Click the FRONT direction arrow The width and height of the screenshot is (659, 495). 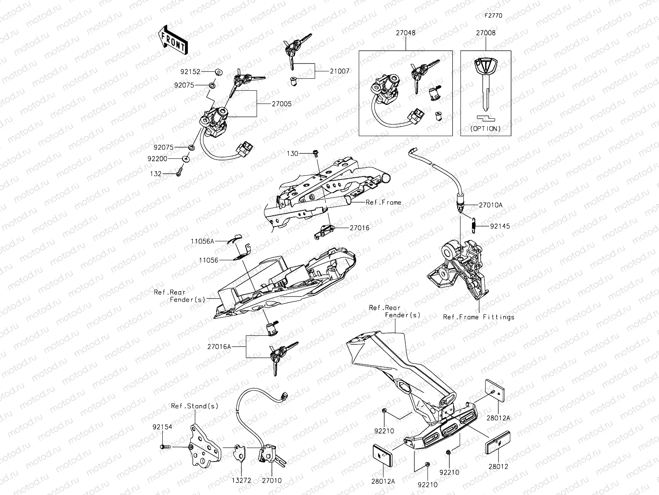point(173,40)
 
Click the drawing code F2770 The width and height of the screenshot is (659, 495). point(493,16)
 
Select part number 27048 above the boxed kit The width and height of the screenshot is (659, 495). point(405,33)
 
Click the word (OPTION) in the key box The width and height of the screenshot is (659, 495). point(486,128)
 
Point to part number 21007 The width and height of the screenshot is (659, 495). point(339,71)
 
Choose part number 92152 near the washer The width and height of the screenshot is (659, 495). point(190,71)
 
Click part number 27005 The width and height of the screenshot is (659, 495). point(281,104)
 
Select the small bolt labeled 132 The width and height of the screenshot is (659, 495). point(179,174)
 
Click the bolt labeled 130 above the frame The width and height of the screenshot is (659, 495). point(315,153)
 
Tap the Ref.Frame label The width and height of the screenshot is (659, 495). point(383,203)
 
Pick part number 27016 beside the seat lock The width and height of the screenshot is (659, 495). point(360,228)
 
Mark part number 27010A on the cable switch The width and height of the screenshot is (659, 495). point(491,205)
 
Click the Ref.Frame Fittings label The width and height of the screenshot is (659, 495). point(479,317)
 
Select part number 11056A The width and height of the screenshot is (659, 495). point(202,241)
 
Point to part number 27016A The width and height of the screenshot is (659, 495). point(219,347)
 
